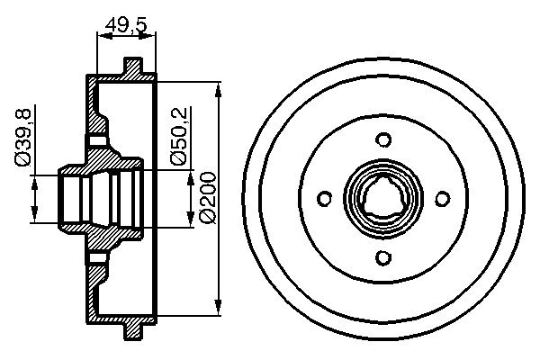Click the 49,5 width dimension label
126,24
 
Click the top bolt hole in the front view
383,139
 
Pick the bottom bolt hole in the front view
383,259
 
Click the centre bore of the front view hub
383,200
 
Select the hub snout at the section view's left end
68,199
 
